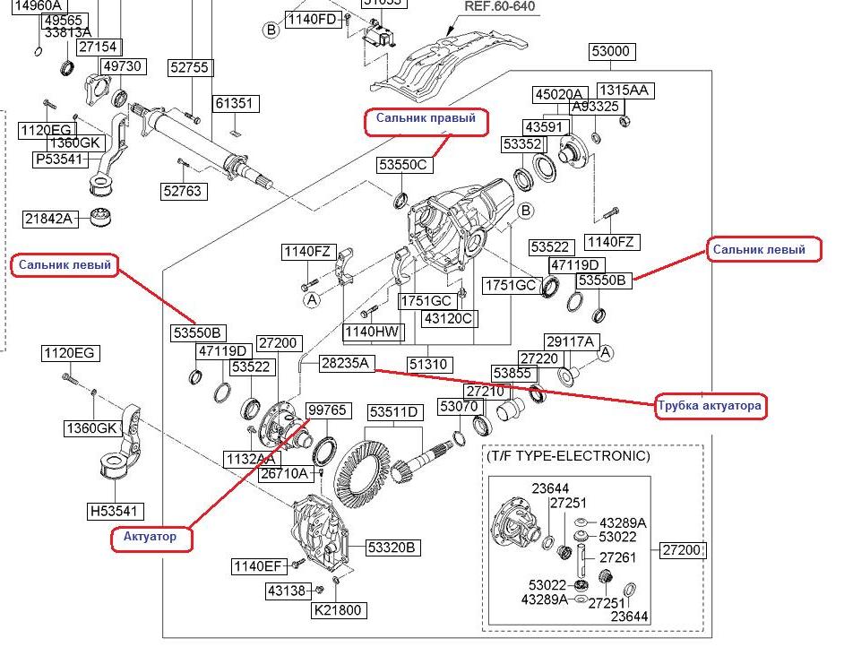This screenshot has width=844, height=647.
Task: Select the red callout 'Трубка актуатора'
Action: (711, 406)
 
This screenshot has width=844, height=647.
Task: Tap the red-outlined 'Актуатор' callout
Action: (150, 537)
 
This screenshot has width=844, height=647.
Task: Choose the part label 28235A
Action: (347, 363)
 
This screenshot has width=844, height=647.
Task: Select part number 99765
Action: (326, 410)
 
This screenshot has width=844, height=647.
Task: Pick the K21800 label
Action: (337, 611)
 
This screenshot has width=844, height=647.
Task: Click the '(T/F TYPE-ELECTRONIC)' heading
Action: (568, 456)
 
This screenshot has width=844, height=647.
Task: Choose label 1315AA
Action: (624, 91)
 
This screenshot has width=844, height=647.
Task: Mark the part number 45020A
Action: (559, 94)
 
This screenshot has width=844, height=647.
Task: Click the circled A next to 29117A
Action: (605, 353)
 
